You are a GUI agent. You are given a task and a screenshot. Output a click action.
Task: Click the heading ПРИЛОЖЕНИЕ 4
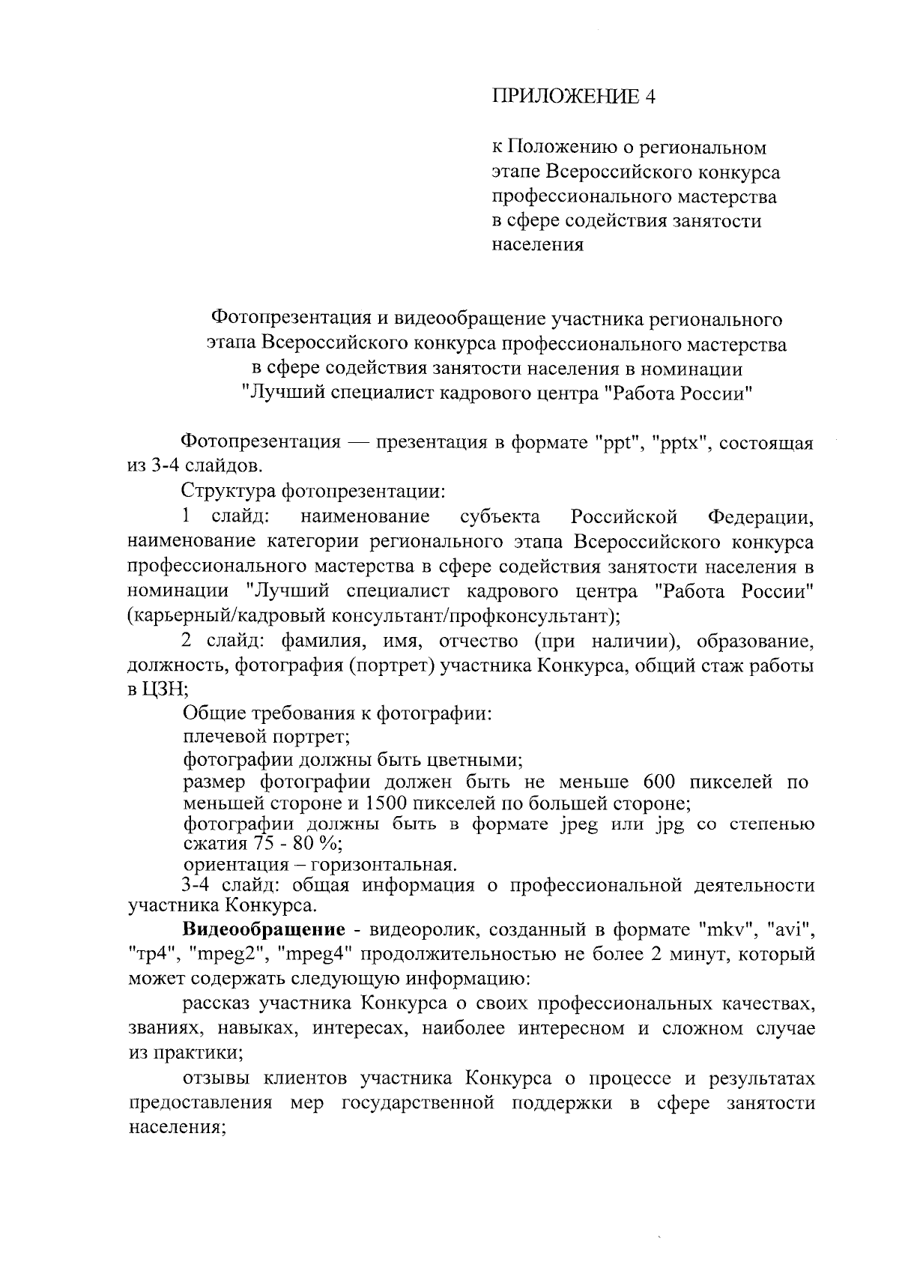[573, 97]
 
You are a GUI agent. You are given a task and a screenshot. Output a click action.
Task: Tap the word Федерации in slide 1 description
[760, 517]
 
